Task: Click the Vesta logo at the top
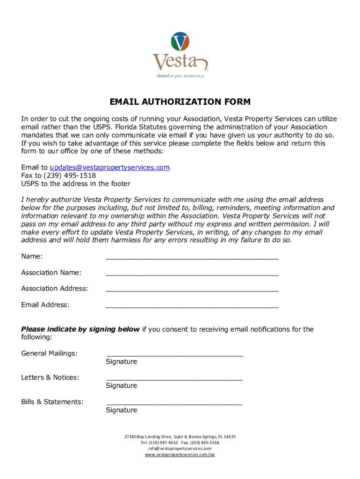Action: coord(180,54)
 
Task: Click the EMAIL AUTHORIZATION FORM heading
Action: coord(180,102)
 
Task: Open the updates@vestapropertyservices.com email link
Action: coord(109,167)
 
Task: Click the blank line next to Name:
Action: coord(192,257)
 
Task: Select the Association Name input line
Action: coord(192,273)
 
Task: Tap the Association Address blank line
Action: coord(192,290)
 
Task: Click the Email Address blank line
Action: coord(192,306)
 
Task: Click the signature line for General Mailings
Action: coord(175,355)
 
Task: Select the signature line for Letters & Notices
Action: coord(175,378)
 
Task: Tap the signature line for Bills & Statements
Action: coord(175,403)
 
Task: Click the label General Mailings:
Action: coord(49,353)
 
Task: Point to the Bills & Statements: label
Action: coord(52,401)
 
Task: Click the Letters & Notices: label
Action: coord(50,377)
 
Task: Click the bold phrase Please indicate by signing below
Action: coord(80,329)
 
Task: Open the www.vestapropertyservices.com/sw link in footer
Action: coord(180,454)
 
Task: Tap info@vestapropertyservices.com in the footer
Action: coord(180,448)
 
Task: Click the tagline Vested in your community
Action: coord(180,75)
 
